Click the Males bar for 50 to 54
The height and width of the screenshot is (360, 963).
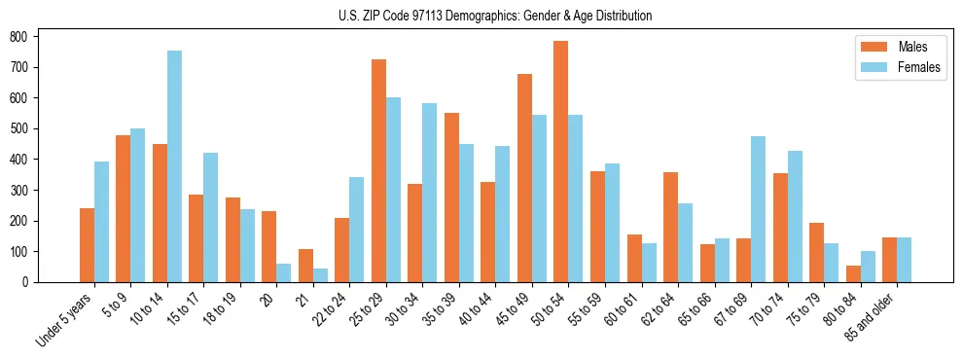(x=560, y=162)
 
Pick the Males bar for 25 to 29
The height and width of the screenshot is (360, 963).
(x=378, y=170)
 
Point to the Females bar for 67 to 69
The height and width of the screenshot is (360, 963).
(x=758, y=209)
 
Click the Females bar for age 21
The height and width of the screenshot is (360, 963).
(x=320, y=275)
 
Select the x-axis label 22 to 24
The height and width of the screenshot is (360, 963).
(x=331, y=307)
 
